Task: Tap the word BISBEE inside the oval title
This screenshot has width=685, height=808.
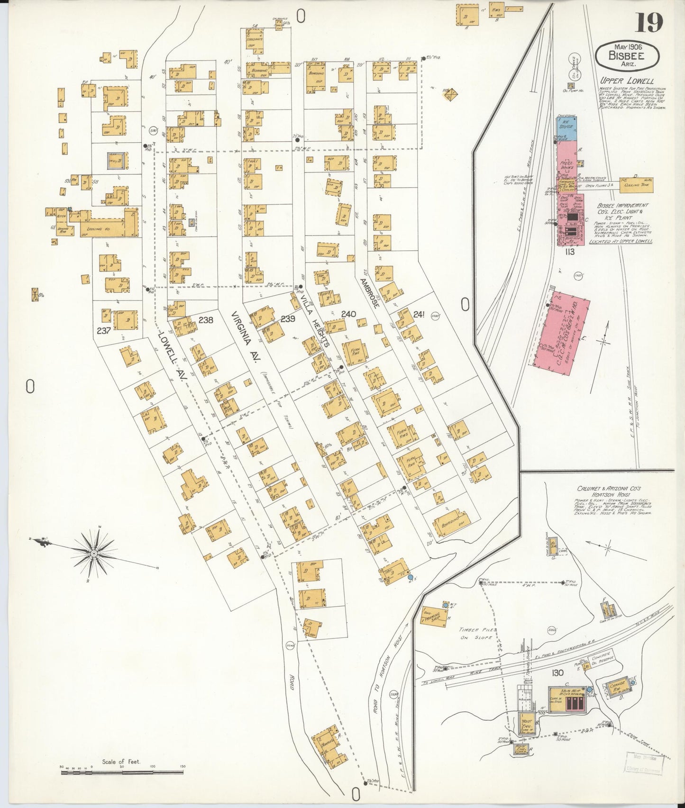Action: (627, 55)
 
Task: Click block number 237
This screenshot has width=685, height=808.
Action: (104, 330)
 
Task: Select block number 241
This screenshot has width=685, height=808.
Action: (419, 313)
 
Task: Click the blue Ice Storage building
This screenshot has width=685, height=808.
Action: (567, 129)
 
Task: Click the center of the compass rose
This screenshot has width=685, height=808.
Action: (94, 554)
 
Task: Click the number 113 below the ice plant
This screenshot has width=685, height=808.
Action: (569, 252)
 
